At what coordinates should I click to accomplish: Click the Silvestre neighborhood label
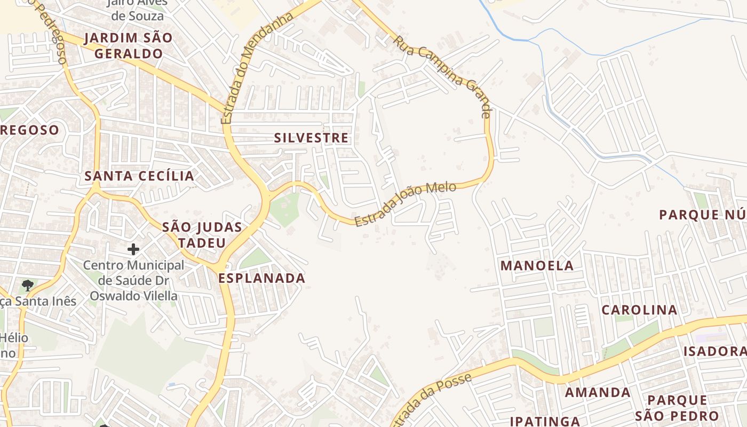(x=311, y=138)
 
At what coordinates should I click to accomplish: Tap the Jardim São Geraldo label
(x=128, y=46)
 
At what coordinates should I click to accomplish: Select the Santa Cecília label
(x=139, y=176)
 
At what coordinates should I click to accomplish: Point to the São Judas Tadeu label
(x=202, y=235)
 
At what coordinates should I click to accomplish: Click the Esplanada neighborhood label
(x=261, y=278)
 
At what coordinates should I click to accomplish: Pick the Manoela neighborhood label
(x=537, y=265)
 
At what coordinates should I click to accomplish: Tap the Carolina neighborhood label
(x=639, y=310)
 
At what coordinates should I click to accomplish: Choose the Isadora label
(x=715, y=351)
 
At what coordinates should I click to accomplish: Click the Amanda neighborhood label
(x=598, y=392)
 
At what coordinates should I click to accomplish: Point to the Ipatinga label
(x=545, y=421)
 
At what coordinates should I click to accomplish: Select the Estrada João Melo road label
(x=406, y=203)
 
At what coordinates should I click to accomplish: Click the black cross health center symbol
(x=133, y=249)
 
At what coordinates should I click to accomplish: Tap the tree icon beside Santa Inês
(x=28, y=286)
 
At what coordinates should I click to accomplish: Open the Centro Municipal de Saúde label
(x=133, y=280)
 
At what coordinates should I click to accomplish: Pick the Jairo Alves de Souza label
(x=137, y=9)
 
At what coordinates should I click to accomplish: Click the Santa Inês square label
(x=38, y=301)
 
